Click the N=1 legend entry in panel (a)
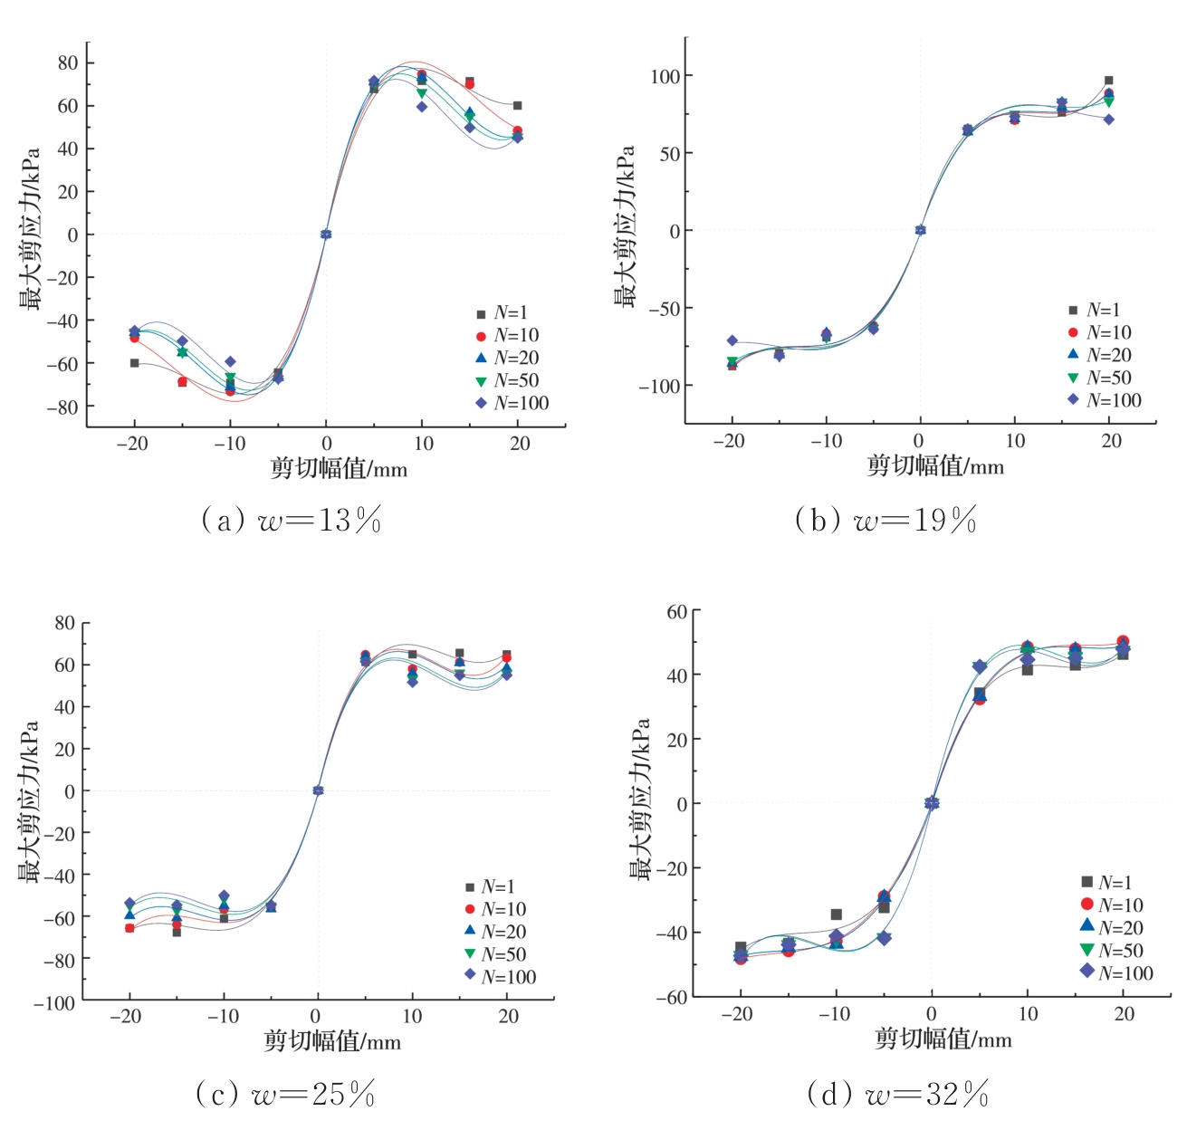click(503, 313)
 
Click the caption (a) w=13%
click(291, 521)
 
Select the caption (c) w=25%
click(285, 1095)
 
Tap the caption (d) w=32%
click(897, 1095)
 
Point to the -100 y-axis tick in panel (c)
click(55, 1002)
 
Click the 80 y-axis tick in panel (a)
click(69, 63)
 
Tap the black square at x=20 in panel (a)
click(517, 106)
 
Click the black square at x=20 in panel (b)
click(1108, 81)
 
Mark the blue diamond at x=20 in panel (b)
click(1108, 120)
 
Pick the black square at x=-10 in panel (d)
click(836, 915)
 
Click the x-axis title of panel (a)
click(339, 469)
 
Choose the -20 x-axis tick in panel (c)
click(126, 1016)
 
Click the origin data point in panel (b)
click(920, 230)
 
